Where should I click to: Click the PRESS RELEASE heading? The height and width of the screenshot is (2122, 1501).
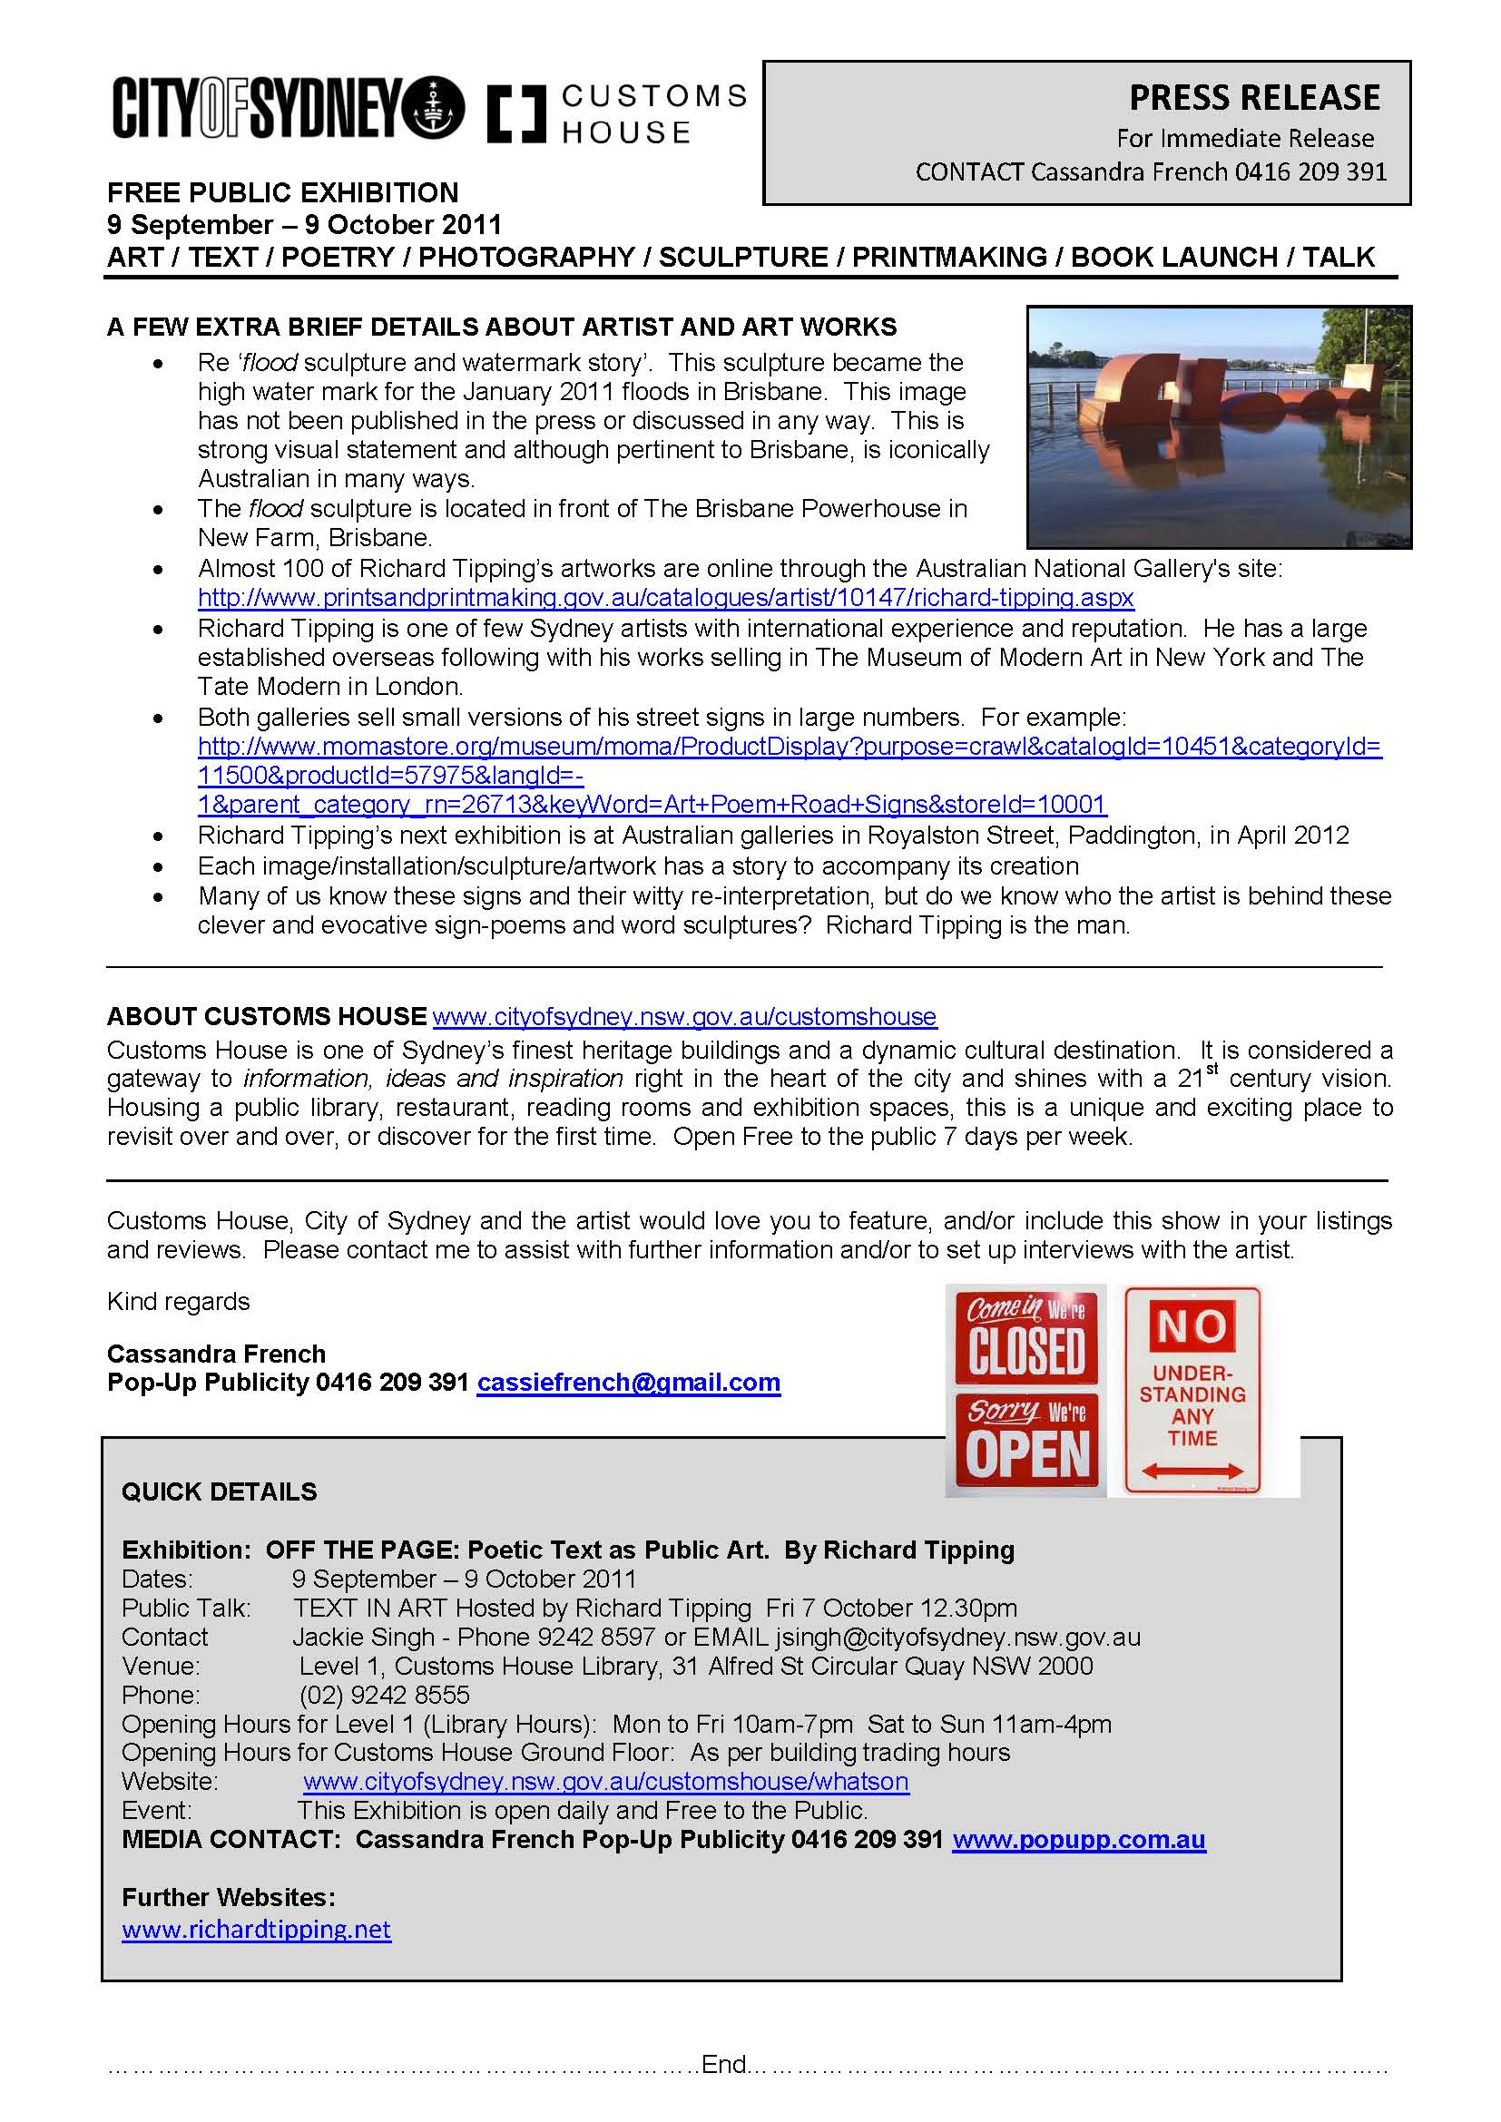click(x=1254, y=98)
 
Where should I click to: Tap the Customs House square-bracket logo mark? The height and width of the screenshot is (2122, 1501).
click(x=515, y=113)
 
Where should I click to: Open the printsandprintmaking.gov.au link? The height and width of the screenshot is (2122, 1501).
click(x=665, y=598)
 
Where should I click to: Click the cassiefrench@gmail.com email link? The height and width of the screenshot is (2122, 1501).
click(x=629, y=1383)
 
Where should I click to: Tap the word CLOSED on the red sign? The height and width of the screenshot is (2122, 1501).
click(x=1026, y=1351)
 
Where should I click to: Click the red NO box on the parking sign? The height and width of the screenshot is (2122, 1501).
click(x=1192, y=1327)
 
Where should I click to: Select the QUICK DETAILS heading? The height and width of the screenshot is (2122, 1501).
click(x=219, y=1491)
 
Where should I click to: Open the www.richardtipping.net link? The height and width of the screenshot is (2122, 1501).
click(x=257, y=1930)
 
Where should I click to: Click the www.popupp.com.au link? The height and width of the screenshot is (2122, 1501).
click(x=1079, y=1839)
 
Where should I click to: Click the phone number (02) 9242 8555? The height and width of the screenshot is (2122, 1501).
click(x=385, y=1695)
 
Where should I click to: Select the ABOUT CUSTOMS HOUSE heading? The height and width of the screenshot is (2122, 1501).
click(x=267, y=1017)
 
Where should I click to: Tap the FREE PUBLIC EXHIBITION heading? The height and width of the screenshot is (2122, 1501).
click(x=283, y=192)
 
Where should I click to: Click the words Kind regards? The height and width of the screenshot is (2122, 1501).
click(x=179, y=1301)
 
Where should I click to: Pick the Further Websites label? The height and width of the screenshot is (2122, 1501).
click(x=229, y=1897)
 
